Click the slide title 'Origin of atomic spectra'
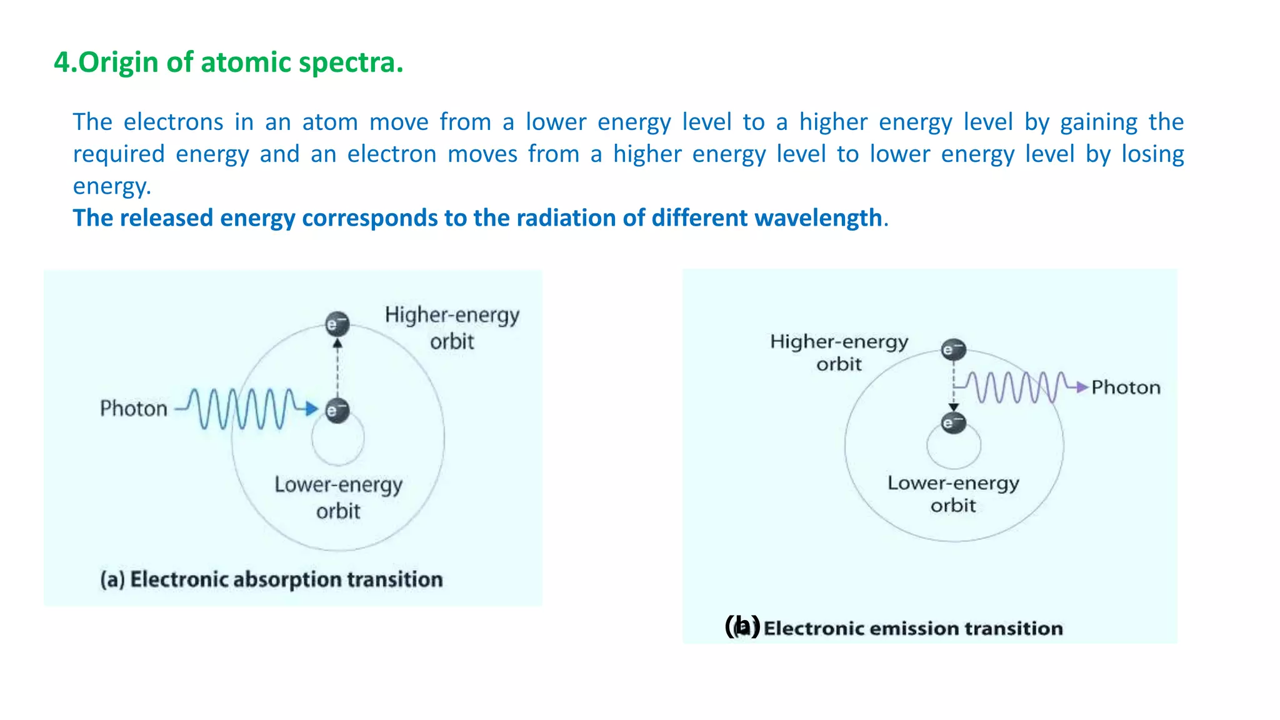pos(229,62)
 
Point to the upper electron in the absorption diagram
pos(337,324)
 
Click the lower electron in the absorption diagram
pos(337,411)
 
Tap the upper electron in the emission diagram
pos(954,349)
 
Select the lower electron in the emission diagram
pos(954,423)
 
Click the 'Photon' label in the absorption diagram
pos(134,409)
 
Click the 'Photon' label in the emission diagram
pos(1126,387)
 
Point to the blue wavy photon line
pos(244,409)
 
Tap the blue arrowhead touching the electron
pos(312,409)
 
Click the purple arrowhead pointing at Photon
pos(1082,387)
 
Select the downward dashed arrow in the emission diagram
pos(954,387)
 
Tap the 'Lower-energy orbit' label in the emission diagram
pos(953,494)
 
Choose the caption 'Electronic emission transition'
pos(912,628)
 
